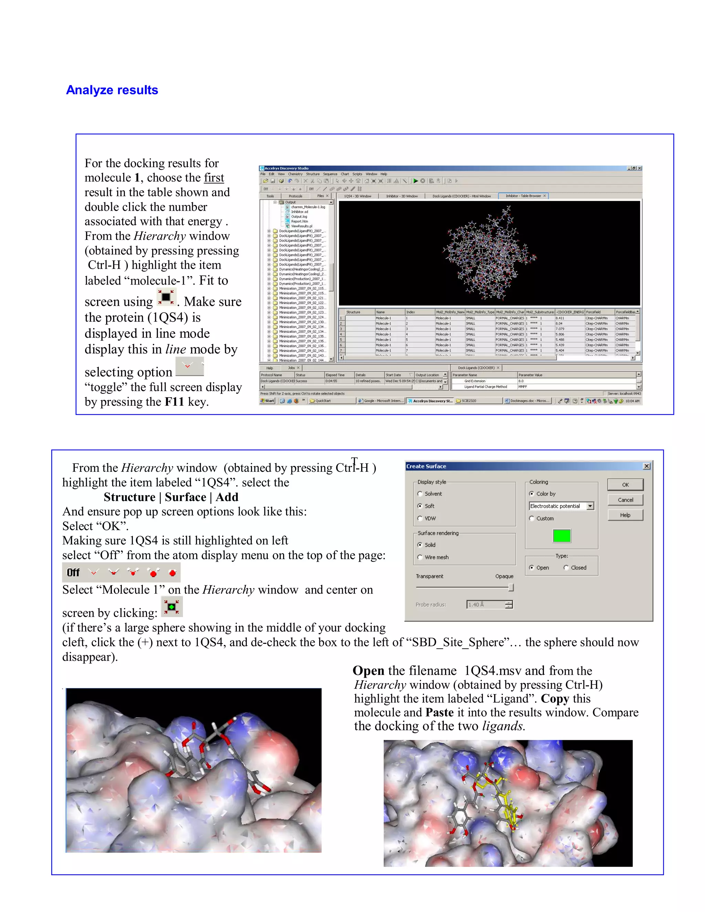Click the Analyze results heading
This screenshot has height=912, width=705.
[x=112, y=90]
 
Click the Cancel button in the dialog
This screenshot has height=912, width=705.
[x=625, y=500]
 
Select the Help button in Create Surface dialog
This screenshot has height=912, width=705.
[x=625, y=515]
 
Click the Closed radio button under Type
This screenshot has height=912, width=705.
[x=566, y=568]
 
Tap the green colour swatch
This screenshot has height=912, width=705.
[x=561, y=536]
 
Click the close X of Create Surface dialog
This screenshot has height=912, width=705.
[x=646, y=466]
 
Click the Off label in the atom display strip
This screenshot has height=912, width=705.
[x=73, y=573]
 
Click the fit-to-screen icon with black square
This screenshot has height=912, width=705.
[x=166, y=297]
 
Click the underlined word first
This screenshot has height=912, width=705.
[x=214, y=178]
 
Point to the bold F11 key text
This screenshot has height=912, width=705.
[x=174, y=402]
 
